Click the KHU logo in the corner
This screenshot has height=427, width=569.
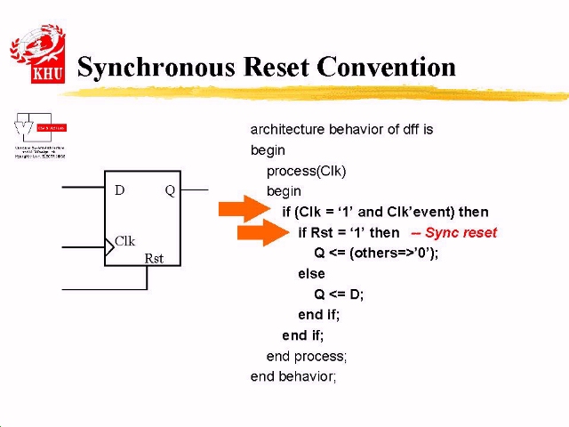coord(37,54)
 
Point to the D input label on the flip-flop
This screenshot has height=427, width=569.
coord(120,190)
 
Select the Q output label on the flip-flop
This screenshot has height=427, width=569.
coord(170,190)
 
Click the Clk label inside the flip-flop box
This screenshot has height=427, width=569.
coord(125,241)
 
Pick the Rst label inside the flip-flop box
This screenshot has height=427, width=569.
coord(154,259)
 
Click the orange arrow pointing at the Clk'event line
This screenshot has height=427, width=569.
coord(243,210)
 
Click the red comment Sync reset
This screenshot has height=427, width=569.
coord(454,233)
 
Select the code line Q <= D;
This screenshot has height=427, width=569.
coord(339,294)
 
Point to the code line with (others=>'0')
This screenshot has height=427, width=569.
coord(376,253)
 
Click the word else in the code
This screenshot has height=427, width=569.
coord(311,274)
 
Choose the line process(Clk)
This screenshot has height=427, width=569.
coord(306,171)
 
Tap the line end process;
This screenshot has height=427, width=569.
coord(307,356)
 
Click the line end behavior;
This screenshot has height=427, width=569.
coord(293,376)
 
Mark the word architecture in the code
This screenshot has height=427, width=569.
coord(287,130)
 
